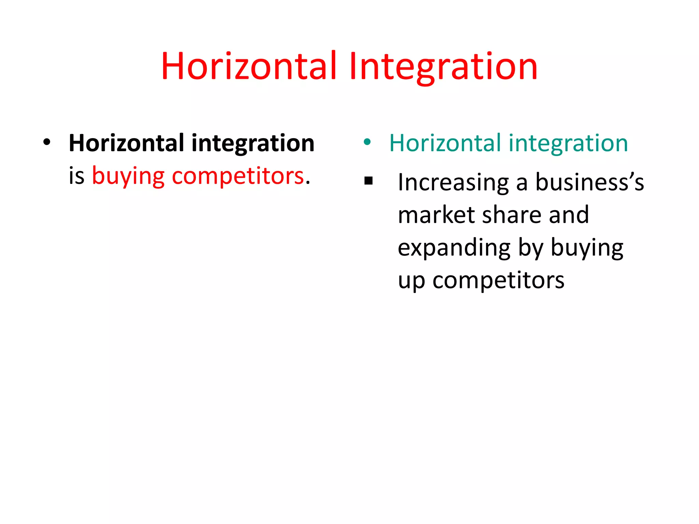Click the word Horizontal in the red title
[249, 67]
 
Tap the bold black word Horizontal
[127, 143]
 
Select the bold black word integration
[253, 143]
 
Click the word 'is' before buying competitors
[76, 176]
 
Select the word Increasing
[453, 183]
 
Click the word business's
[589, 183]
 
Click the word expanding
[454, 248]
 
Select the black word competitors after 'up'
[498, 281]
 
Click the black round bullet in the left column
[47, 142]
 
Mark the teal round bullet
[367, 142]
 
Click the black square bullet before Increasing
[368, 181]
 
